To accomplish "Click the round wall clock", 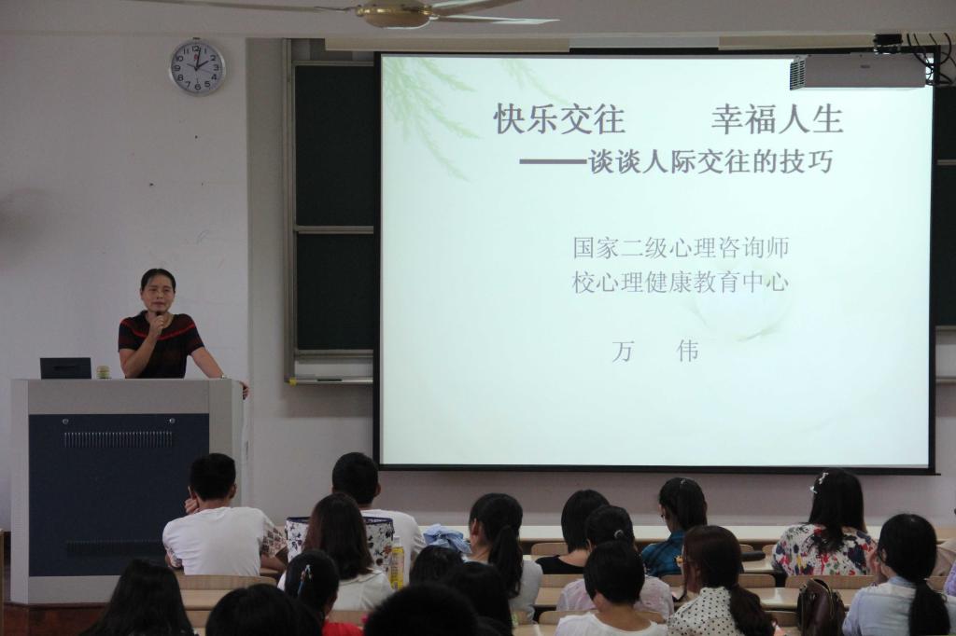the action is click(197, 66).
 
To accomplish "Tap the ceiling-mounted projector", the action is click(857, 73).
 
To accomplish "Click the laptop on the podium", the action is click(66, 368).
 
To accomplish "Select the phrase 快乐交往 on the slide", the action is click(560, 118).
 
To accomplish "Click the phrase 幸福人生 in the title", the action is click(778, 118).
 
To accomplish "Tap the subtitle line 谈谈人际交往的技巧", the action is click(710, 162).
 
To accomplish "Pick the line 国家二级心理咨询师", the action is click(681, 247).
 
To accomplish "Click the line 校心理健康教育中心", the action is click(681, 282).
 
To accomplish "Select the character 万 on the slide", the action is click(623, 352).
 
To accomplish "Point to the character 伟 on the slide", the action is click(688, 352).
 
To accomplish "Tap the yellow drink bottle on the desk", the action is click(397, 563).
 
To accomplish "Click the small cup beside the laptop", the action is click(104, 371).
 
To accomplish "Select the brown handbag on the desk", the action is click(821, 607).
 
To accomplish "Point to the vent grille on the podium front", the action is click(119, 439).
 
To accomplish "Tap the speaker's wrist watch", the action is click(222, 377).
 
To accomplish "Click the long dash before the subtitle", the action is click(553, 162).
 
